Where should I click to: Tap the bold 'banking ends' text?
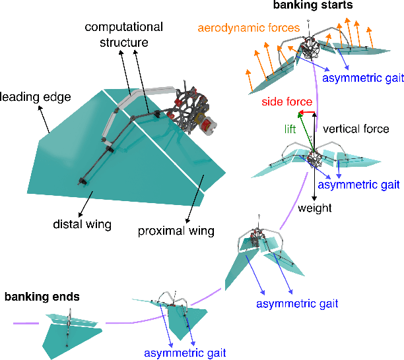pos(42,297)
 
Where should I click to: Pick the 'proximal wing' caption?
pos(176,231)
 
